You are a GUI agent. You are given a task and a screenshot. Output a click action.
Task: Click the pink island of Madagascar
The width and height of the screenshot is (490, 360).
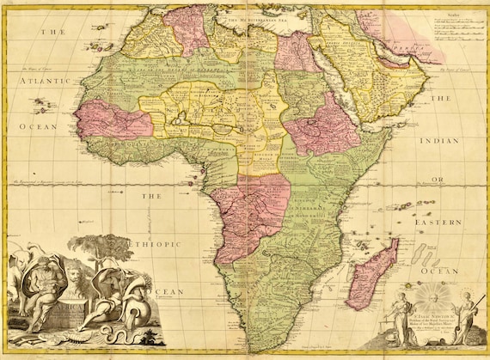373,275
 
